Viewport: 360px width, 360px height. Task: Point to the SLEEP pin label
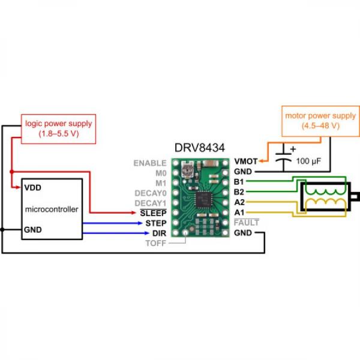click(x=152, y=212)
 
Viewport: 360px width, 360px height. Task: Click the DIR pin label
click(x=158, y=233)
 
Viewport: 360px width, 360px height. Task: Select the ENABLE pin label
click(x=150, y=162)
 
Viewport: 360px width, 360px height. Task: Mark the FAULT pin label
click(x=247, y=223)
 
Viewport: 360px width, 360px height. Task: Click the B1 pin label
click(x=239, y=182)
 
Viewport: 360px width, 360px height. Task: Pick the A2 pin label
click(x=239, y=202)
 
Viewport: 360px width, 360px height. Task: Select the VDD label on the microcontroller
click(x=32, y=187)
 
